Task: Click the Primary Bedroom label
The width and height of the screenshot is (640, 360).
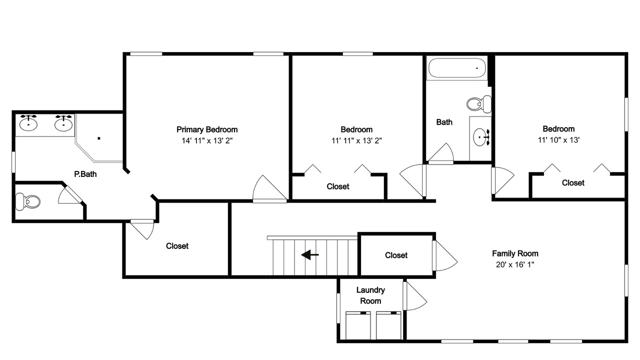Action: tap(207, 129)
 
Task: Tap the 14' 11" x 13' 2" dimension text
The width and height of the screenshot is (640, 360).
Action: tap(207, 140)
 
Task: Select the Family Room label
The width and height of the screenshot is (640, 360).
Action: tap(515, 253)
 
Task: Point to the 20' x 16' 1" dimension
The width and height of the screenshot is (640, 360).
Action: tap(515, 264)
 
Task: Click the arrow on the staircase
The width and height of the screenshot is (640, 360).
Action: tap(309, 254)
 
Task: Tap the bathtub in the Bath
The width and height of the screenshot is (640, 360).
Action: tap(457, 68)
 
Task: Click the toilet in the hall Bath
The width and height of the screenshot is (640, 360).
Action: tap(479, 104)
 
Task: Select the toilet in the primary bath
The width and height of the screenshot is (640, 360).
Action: tap(27, 201)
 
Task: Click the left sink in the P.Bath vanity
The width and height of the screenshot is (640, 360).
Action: tap(28, 123)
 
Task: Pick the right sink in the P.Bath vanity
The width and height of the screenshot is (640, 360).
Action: tap(63, 123)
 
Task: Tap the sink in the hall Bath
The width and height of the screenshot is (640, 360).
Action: tap(481, 137)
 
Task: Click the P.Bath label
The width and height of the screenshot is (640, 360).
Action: tap(85, 174)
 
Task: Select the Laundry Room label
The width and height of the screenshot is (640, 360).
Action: tap(370, 295)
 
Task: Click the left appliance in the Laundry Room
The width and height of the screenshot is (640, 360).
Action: tap(358, 325)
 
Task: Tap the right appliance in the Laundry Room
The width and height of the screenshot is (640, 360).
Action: tap(388, 325)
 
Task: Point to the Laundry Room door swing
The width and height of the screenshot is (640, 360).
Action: tap(415, 296)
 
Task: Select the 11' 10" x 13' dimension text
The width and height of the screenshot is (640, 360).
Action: tap(558, 140)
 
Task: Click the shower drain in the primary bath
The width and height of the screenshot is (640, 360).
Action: tap(99, 138)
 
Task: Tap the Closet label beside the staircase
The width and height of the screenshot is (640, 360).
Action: tap(396, 255)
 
